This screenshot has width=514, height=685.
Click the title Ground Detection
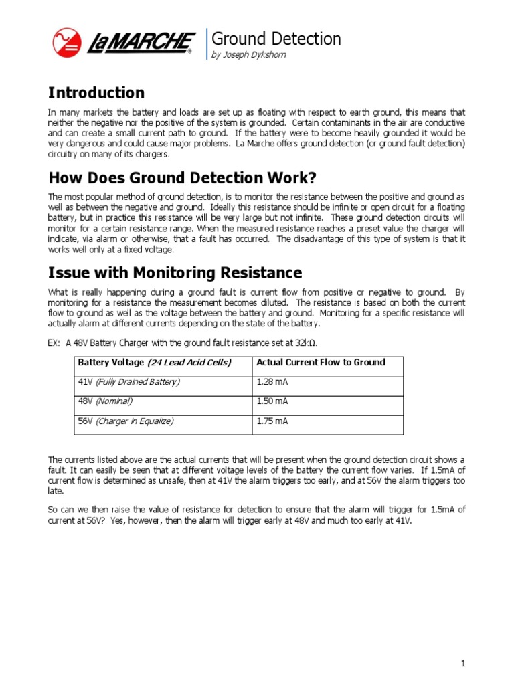click(x=276, y=39)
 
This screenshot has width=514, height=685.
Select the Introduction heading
click(x=96, y=93)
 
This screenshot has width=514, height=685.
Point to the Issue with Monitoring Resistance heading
click(x=175, y=273)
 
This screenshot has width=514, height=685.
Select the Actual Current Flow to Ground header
click(x=321, y=363)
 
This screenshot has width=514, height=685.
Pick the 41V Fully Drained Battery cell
click(x=129, y=382)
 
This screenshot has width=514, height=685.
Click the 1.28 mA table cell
click(x=272, y=382)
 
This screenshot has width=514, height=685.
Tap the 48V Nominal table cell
click(x=106, y=401)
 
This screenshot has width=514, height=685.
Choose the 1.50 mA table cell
click(x=272, y=401)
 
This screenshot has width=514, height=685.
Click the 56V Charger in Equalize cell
click(x=126, y=421)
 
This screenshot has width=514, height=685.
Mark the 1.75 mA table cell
click(x=272, y=421)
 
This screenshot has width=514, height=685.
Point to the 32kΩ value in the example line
click(x=305, y=343)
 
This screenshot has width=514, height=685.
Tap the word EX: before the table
click(x=55, y=343)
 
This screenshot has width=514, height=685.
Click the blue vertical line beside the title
click(x=207, y=44)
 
